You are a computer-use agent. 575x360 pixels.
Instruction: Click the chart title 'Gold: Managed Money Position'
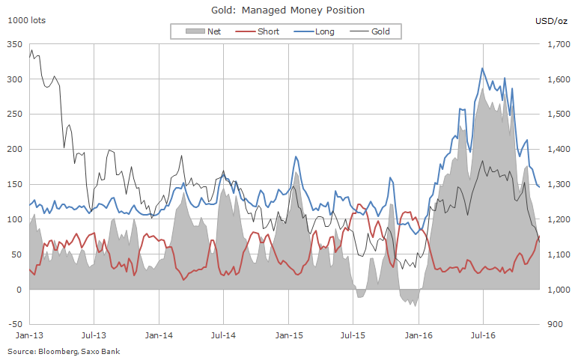[x=288, y=10]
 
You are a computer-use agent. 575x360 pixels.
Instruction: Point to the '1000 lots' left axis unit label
[x=26, y=20]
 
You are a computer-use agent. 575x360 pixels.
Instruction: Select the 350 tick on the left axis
[x=14, y=44]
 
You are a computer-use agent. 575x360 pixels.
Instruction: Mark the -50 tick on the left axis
[x=14, y=324]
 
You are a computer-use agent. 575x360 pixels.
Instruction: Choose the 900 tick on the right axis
[x=555, y=324]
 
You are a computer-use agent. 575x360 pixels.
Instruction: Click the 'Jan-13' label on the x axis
[x=28, y=337]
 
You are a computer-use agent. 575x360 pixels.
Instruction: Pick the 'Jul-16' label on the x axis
[x=483, y=337]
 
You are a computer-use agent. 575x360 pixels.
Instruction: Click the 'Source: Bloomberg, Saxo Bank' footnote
[x=64, y=350]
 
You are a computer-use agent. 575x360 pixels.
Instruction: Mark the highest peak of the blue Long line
[x=482, y=68]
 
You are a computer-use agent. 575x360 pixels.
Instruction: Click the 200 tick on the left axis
[x=14, y=149]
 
